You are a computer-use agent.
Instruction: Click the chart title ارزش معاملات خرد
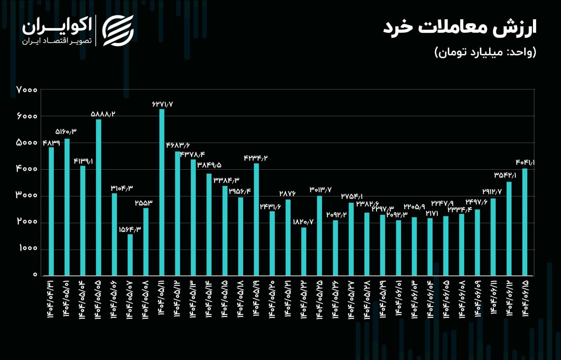(460, 28)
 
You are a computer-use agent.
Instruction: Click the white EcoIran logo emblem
(117, 30)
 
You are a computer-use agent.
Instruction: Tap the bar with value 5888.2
(99, 197)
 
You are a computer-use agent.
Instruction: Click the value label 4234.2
(256, 158)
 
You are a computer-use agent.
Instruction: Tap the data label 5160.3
(66, 132)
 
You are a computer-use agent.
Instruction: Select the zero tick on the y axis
(34, 275)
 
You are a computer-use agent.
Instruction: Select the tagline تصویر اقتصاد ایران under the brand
(57, 41)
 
